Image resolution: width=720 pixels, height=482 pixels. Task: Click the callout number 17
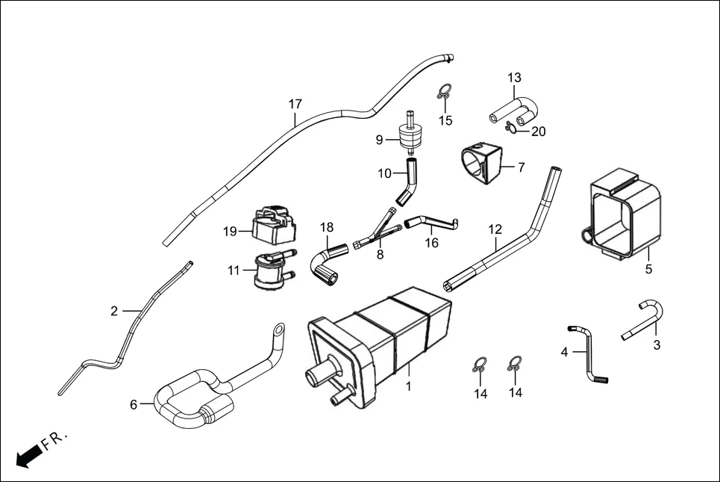295,104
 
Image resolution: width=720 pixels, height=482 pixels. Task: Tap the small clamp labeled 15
444,93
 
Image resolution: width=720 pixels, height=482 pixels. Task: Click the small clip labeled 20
512,127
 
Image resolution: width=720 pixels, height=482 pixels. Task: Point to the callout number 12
495,229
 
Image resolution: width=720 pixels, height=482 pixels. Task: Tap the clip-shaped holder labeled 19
272,223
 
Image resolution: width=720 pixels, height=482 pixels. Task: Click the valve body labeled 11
269,271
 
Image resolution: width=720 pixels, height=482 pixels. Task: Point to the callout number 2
114,311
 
